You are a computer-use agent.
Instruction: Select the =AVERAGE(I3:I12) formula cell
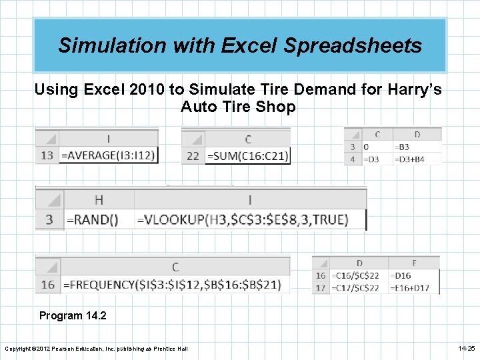pyautogui.click(x=109, y=155)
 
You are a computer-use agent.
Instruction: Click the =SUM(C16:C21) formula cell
pyautogui.click(x=247, y=155)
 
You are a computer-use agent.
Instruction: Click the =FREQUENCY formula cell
pyautogui.click(x=175, y=285)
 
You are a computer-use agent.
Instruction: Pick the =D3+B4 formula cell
pyautogui.click(x=409, y=159)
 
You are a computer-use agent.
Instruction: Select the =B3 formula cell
pyautogui.click(x=403, y=147)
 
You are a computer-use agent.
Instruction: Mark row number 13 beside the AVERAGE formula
pyautogui.click(x=47, y=155)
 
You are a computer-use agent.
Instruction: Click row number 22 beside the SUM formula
pyautogui.click(x=193, y=155)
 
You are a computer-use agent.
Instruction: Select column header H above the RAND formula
pyautogui.click(x=99, y=199)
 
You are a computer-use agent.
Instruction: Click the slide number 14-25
pyautogui.click(x=466, y=349)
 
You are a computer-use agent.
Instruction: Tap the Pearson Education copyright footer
pyautogui.click(x=96, y=349)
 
